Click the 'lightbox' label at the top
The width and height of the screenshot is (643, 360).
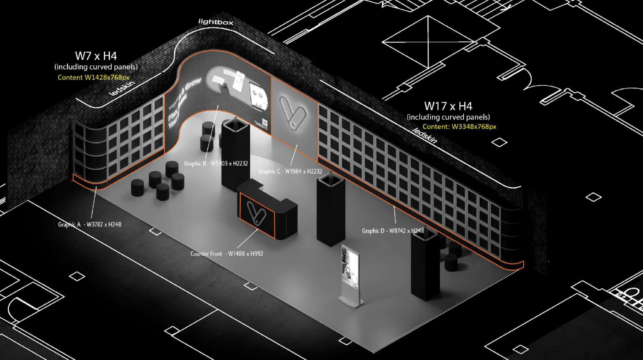pos(216,22)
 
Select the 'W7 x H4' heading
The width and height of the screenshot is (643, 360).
pos(96,56)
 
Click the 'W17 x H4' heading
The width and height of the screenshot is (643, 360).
pos(448,106)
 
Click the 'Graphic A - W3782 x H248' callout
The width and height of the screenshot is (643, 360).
pos(90,225)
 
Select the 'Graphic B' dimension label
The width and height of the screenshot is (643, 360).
pos(216,164)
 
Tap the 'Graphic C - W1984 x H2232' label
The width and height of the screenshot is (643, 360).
pos(290,172)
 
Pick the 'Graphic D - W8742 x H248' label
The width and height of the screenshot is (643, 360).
pos(393,231)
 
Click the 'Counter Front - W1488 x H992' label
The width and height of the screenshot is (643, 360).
pos(227,254)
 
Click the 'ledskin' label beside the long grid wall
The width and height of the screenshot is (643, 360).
pos(424,136)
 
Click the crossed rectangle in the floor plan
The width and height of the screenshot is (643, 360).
pos(428,42)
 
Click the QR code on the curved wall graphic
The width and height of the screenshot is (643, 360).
pos(264,123)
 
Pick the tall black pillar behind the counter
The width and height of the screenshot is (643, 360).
pos(235,154)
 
